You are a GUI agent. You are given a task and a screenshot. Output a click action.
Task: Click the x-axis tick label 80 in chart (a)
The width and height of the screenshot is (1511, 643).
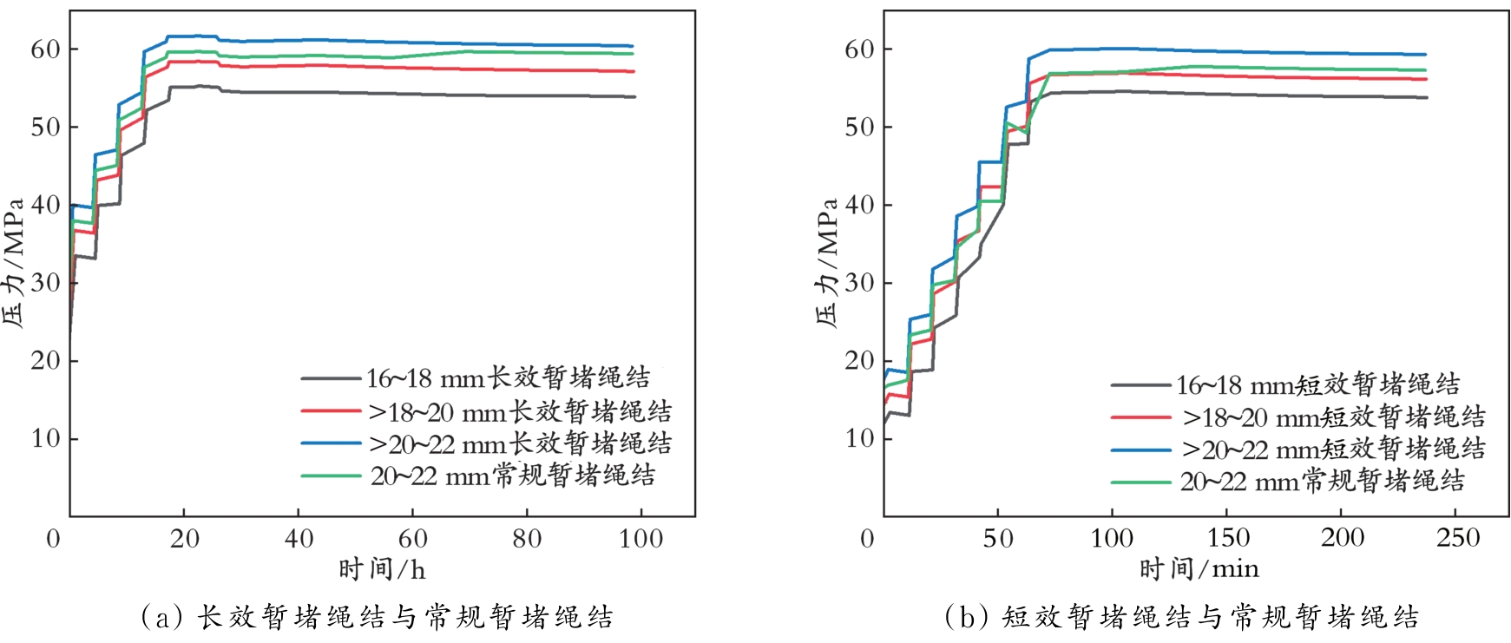click(527, 539)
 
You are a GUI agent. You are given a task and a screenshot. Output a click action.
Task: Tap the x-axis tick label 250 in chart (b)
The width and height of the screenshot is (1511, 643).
click(1457, 539)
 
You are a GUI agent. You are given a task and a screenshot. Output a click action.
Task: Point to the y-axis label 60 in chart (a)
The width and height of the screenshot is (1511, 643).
click(45, 49)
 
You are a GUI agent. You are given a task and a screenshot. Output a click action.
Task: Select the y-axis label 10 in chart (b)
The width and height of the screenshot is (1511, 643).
click(859, 438)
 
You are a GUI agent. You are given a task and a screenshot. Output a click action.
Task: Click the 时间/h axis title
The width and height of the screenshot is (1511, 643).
click(382, 570)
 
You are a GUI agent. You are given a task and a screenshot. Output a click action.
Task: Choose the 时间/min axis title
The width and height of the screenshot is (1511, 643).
click(1199, 570)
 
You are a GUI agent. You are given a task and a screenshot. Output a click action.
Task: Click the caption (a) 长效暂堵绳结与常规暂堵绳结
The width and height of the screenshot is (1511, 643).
click(377, 617)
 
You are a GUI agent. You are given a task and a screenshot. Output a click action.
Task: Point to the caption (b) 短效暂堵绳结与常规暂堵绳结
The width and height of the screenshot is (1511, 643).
click(1182, 617)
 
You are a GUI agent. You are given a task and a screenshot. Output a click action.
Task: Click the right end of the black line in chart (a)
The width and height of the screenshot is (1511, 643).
click(635, 97)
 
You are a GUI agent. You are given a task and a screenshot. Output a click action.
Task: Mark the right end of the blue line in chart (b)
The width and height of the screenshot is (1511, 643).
click(1426, 55)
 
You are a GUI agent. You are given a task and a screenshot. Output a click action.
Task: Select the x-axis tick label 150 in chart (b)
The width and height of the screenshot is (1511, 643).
click(1228, 539)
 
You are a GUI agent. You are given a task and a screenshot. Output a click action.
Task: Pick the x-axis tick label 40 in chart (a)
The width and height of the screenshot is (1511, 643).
click(299, 539)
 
